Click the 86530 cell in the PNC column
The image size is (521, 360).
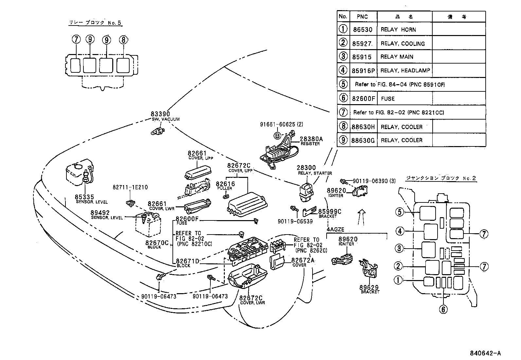coord(363,29)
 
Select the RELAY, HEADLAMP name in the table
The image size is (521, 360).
coord(405,70)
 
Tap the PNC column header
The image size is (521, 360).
coord(362,17)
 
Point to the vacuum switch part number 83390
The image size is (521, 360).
coord(160,114)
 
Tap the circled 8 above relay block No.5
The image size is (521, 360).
coord(122,40)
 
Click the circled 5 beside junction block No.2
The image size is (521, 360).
coord(399,212)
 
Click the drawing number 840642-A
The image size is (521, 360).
coord(485,353)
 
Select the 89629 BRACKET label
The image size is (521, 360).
coord(369,289)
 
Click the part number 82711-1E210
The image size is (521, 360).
coord(130,187)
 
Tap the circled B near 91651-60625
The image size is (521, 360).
coord(277,135)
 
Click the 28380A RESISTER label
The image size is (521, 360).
coord(311,141)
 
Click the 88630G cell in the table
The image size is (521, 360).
coord(363,140)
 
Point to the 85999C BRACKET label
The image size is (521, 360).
coord(329,213)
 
